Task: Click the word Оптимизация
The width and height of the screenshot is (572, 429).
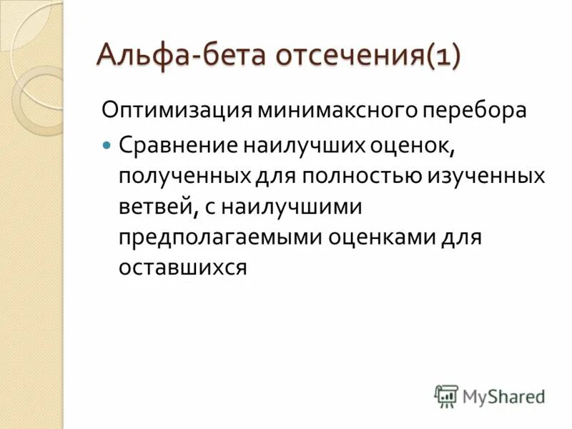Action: pyautogui.click(x=176, y=111)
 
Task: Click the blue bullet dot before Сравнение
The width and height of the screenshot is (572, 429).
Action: pyautogui.click(x=107, y=145)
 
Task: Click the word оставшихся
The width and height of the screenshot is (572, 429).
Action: pyautogui.click(x=182, y=267)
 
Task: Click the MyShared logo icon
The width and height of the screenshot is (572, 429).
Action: pyautogui.click(x=446, y=396)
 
